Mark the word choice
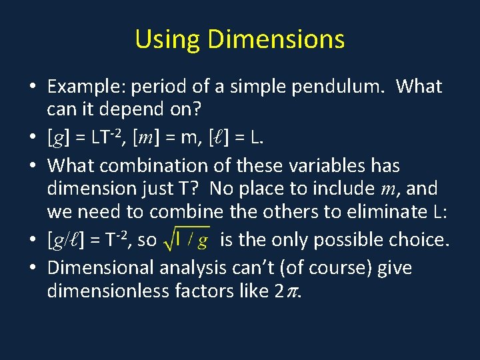coord(420,239)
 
